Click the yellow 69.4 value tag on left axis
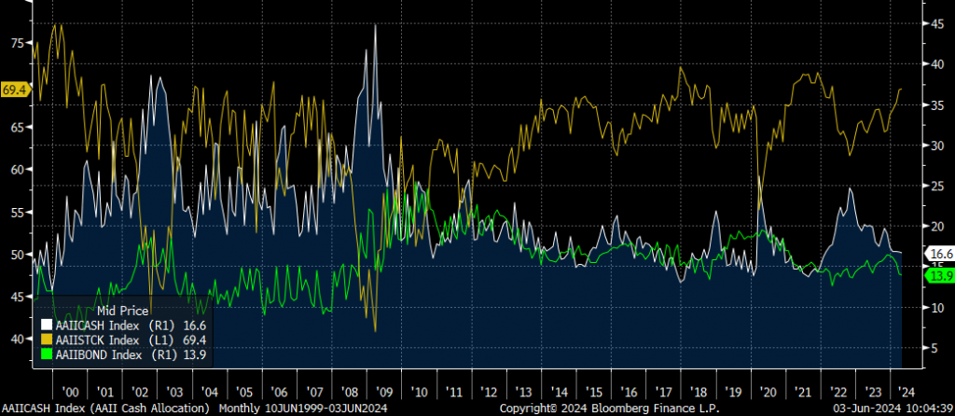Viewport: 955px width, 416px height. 15,90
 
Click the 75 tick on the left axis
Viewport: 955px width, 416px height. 17,43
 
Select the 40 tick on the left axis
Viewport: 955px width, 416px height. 17,339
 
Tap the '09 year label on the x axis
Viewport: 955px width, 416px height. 381,392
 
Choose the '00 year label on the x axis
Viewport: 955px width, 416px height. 70,392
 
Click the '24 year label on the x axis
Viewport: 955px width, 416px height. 905,392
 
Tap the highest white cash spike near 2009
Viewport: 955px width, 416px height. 375,24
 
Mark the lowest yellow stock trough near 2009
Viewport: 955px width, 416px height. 374,331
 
